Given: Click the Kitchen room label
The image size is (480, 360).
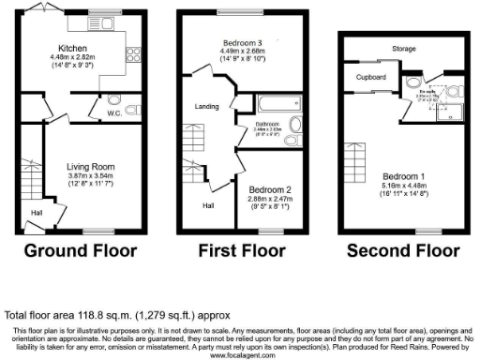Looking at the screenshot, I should tap(72, 47).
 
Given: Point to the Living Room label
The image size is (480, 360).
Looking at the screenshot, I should tap(89, 168).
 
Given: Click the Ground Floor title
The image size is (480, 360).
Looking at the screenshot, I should tap(80, 251).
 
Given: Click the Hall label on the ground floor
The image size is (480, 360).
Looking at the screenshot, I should tap(36, 213).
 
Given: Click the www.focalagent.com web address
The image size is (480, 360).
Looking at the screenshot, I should tap(240, 355).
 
